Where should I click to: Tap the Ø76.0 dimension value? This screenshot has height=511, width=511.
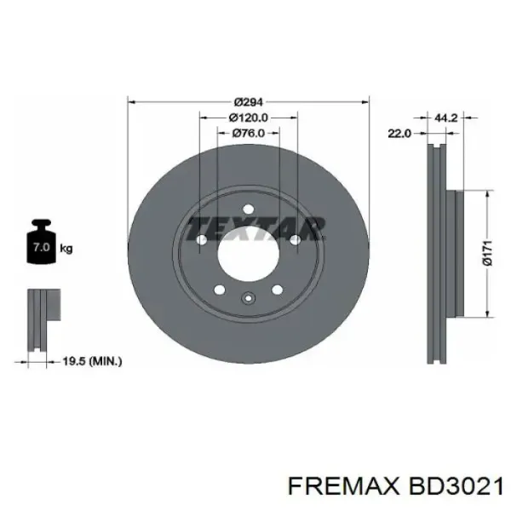(248, 133)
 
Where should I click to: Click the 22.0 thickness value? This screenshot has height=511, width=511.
(399, 133)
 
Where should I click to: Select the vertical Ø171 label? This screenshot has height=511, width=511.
(488, 252)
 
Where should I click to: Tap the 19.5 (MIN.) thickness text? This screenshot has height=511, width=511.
(94, 361)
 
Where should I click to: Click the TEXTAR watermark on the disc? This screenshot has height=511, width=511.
(255, 227)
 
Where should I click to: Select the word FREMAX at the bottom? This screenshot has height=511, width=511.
(336, 485)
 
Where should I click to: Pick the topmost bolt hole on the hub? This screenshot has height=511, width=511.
(248, 210)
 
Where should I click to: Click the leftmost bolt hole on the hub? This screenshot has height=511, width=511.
(202, 241)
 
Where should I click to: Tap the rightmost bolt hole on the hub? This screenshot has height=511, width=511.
(294, 241)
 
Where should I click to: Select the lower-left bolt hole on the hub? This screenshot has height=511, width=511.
(220, 289)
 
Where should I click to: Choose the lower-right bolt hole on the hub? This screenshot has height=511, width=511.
(276, 289)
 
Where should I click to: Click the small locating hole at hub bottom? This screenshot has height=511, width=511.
(248, 297)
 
